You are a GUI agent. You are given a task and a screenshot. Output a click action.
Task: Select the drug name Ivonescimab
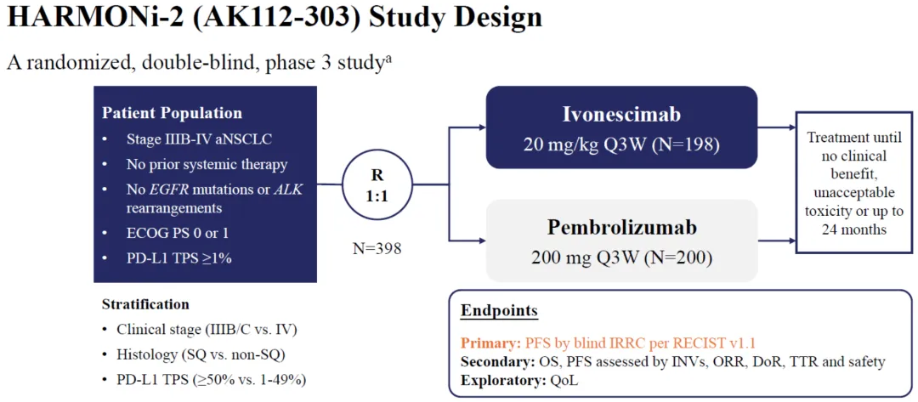(622, 114)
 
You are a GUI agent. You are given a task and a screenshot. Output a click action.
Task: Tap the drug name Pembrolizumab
(622, 228)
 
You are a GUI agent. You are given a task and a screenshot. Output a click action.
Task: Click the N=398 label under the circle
(377, 249)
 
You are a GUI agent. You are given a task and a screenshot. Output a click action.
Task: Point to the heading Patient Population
(172, 113)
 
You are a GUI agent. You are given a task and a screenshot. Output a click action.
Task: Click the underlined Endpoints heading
(500, 310)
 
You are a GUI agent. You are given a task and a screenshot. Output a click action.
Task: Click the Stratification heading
(146, 304)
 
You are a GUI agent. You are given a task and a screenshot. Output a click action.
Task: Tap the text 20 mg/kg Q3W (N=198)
(622, 144)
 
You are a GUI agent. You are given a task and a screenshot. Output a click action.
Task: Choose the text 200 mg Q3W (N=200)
(622, 258)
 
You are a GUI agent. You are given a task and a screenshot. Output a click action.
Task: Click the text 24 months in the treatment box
(857, 230)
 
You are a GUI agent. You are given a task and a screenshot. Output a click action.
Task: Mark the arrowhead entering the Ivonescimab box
(482, 127)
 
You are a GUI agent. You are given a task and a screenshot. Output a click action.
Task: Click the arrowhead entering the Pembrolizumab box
(482, 240)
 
